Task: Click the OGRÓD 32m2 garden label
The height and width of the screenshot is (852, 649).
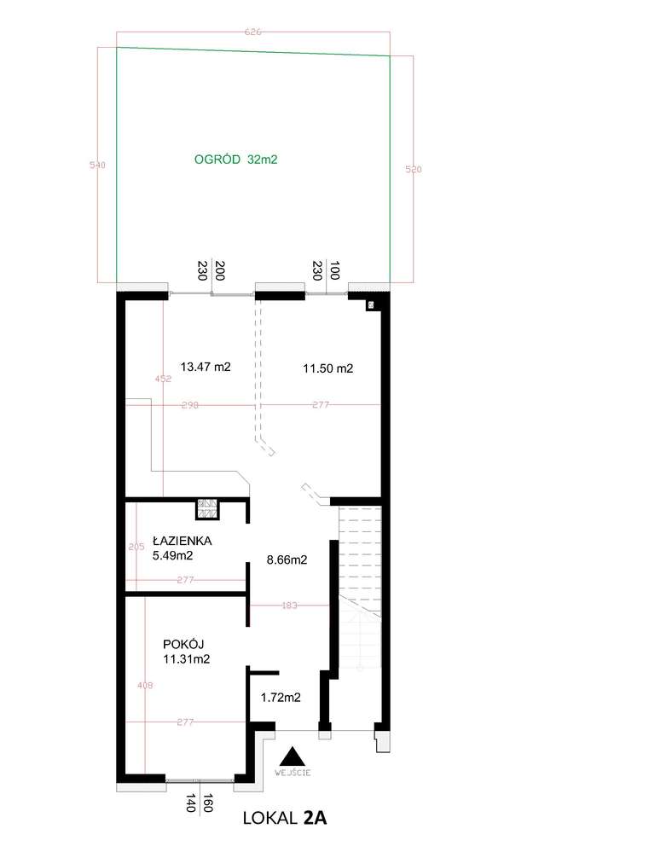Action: point(237,159)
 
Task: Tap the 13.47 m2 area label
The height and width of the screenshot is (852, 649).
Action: point(206,368)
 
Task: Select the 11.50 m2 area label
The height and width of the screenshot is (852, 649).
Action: point(328,369)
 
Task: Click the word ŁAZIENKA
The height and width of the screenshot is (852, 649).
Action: point(183,541)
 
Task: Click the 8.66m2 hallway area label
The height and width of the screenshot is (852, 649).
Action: point(287,560)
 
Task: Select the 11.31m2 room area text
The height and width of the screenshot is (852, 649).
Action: point(187,658)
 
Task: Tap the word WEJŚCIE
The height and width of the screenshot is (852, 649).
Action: point(293,772)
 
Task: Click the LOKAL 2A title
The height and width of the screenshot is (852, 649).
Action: point(285,820)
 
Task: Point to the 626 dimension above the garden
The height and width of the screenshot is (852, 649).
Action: point(252,32)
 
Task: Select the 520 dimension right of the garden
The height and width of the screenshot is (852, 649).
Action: point(414,170)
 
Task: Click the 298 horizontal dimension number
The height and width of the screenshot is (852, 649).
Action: point(189,406)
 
